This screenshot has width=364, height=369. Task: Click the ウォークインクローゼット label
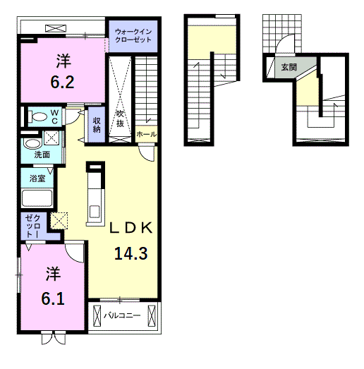point(133,35)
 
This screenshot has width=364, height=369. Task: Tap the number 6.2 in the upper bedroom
point(62,82)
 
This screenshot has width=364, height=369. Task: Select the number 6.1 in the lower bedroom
point(53,299)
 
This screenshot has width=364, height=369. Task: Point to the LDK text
point(131,228)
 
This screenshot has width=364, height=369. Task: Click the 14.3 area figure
point(131,253)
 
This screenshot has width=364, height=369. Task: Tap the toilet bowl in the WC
point(37,116)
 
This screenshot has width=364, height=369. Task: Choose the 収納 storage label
point(97,125)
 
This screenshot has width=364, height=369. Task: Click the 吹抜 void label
point(120,119)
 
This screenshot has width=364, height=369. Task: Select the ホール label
point(146,134)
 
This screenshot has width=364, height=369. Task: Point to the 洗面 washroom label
point(42,155)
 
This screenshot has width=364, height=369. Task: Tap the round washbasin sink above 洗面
point(32,144)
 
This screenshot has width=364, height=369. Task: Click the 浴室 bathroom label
point(37,178)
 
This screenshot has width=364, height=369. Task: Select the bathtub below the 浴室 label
point(37,198)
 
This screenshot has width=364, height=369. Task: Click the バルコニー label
point(122,315)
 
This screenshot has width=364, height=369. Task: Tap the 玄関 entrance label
point(289,68)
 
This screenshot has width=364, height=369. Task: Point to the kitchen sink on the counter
point(95,212)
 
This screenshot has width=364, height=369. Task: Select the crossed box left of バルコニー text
point(97,316)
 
